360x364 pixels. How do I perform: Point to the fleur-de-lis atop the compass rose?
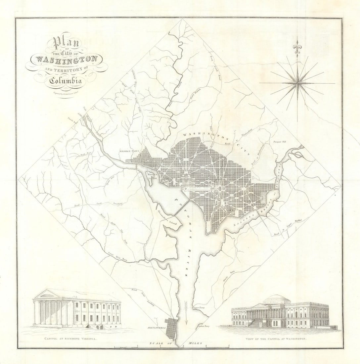(297, 46)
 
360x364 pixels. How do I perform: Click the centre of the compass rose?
(297, 83)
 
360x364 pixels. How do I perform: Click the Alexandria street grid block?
(171, 329)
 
